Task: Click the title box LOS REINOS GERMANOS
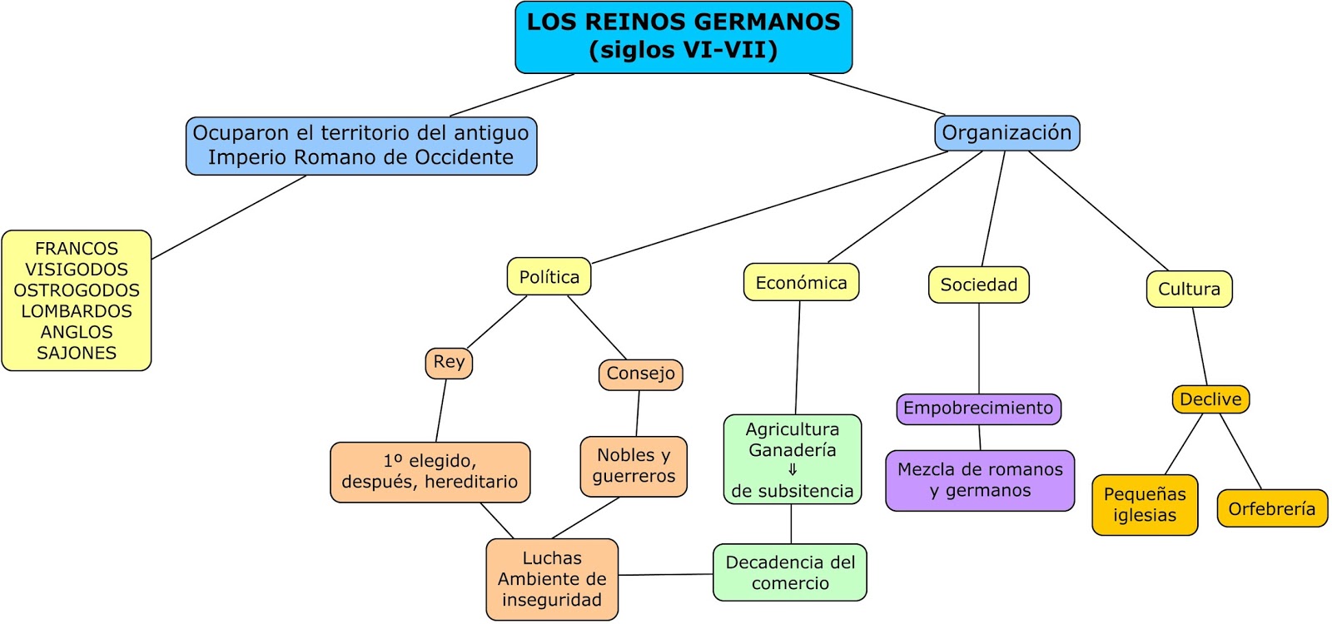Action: coord(683,37)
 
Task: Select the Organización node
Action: coord(1006,133)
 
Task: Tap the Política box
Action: coord(549,277)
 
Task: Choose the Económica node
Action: coord(801,283)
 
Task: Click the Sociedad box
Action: coord(978,285)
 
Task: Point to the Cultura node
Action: coord(1189,290)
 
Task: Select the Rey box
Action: coord(449,362)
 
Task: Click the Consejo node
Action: coord(640,374)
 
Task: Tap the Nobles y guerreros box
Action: coord(634,466)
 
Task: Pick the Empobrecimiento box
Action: coord(978,409)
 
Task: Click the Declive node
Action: coord(1210,399)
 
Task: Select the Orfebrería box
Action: coord(1271,508)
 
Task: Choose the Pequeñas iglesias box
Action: coord(1145,504)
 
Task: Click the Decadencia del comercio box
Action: coord(790,572)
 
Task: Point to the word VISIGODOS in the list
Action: coord(77,270)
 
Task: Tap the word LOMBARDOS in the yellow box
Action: coord(77,311)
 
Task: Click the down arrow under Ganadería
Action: coord(793,470)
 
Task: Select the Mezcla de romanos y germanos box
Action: coord(980,480)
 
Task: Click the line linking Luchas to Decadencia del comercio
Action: coord(666,574)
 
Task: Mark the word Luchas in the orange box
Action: coord(552,558)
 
